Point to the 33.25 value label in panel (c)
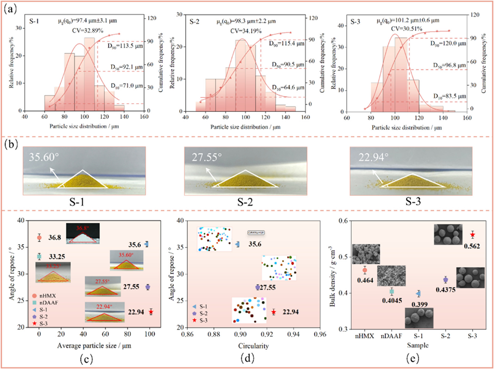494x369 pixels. pos(58,257)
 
